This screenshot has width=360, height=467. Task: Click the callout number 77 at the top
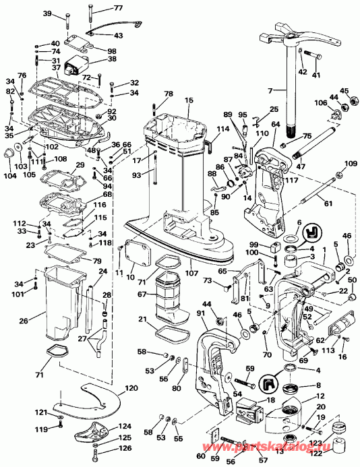click(x=118, y=8)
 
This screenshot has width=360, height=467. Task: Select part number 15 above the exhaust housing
click(x=190, y=100)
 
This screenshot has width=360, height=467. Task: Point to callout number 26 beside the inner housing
click(x=24, y=321)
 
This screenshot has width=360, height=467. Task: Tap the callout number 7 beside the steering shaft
click(x=270, y=90)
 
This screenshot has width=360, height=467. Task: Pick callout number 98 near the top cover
click(x=111, y=51)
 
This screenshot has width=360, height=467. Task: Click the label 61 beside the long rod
click(x=328, y=204)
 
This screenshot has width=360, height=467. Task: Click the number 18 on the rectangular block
click(x=271, y=400)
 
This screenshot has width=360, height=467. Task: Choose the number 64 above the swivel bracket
click(x=275, y=123)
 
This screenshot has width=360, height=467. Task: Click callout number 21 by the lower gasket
click(x=143, y=319)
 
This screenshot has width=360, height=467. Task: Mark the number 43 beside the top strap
click(x=118, y=35)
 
